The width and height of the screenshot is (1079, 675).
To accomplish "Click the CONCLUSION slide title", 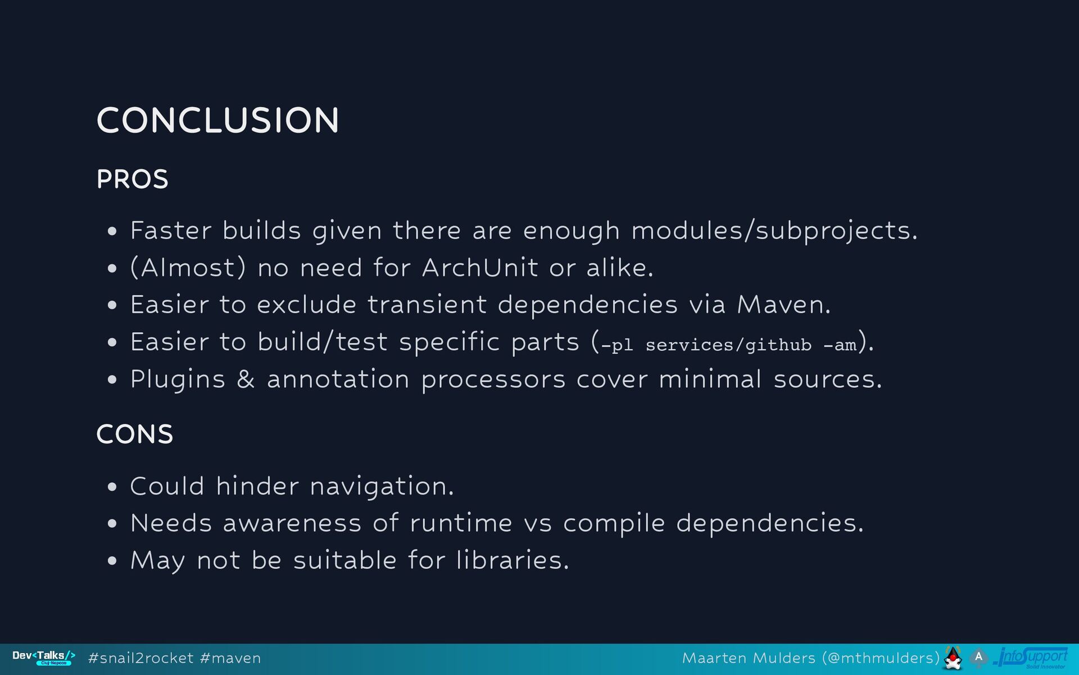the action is click(x=217, y=120).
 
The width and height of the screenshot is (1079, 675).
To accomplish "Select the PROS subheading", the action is click(x=132, y=180).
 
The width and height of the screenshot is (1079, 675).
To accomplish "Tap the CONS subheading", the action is click(x=135, y=434).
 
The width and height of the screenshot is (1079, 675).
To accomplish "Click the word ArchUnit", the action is click(x=480, y=268).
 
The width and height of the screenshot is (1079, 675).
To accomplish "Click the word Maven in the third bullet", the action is click(x=783, y=305).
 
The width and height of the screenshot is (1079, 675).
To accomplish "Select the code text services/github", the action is click(x=728, y=345).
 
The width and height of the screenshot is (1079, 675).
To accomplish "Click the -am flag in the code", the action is click(x=840, y=345).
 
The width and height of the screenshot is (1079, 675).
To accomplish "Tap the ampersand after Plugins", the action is click(x=246, y=379).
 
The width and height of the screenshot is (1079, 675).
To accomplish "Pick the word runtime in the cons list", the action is click(x=461, y=524).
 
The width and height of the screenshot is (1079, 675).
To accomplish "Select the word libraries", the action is click(x=513, y=560).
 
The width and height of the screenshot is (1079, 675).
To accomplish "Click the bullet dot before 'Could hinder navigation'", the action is click(x=112, y=487).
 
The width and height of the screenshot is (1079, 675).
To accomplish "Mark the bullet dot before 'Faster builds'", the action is click(x=112, y=231).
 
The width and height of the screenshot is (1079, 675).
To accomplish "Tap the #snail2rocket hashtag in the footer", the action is click(x=141, y=658).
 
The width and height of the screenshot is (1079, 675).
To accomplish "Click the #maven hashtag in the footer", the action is click(x=230, y=659).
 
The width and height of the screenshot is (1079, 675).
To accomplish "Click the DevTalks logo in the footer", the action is click(x=44, y=658).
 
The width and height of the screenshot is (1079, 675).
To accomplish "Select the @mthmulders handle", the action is click(x=881, y=658).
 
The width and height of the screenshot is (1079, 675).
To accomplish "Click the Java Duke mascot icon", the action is click(x=953, y=658).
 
